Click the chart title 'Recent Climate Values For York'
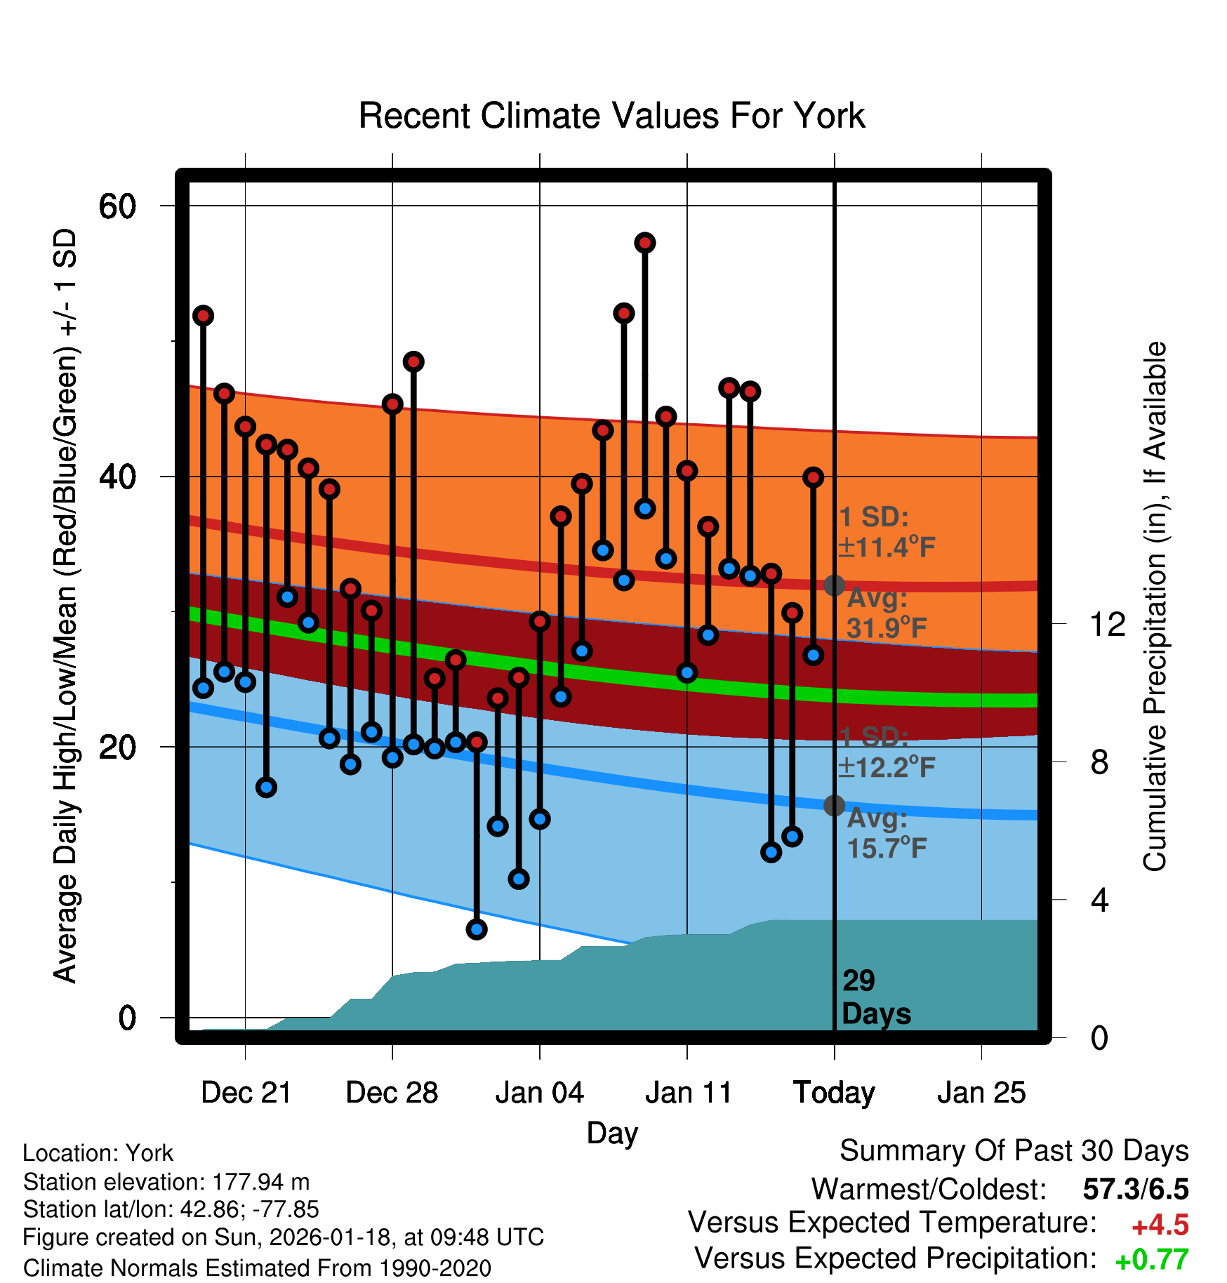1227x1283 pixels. click(x=611, y=116)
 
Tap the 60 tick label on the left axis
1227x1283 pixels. click(x=117, y=206)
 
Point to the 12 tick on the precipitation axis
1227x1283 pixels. click(x=1108, y=624)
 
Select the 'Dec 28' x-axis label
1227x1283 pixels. click(x=392, y=1093)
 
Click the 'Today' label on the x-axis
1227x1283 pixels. click(x=834, y=1093)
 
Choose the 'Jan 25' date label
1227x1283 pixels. click(x=981, y=1093)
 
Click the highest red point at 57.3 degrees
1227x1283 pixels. click(x=645, y=243)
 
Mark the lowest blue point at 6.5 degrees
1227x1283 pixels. click(x=477, y=929)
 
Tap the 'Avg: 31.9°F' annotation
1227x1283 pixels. click(x=886, y=613)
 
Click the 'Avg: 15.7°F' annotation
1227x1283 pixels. click(x=886, y=834)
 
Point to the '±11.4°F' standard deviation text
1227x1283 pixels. click(x=887, y=547)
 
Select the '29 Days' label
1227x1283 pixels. click(x=875, y=997)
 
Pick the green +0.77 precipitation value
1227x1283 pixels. click(x=1152, y=1261)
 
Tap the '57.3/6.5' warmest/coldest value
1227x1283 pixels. click(x=1136, y=1190)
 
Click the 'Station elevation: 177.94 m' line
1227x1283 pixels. click(x=166, y=1182)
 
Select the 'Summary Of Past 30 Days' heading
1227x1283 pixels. click(x=1014, y=1151)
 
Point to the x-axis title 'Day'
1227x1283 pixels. click(x=612, y=1133)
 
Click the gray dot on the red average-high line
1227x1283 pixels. click(x=834, y=585)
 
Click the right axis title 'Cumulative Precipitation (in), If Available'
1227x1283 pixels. click(x=1155, y=607)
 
